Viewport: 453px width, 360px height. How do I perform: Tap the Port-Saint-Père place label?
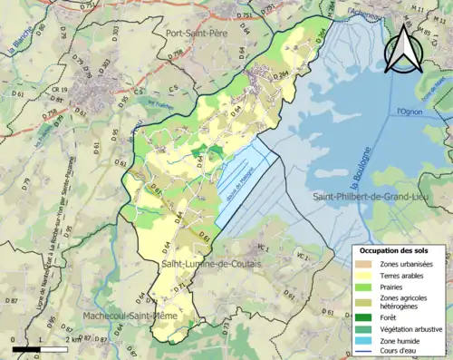click(x=197, y=33)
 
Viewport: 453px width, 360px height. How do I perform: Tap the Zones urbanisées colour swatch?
click(x=362, y=264)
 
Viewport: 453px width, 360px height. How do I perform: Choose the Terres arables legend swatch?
click(x=362, y=276)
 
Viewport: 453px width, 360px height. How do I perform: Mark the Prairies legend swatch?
click(x=362, y=287)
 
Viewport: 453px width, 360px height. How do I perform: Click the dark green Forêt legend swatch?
click(x=362, y=316)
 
